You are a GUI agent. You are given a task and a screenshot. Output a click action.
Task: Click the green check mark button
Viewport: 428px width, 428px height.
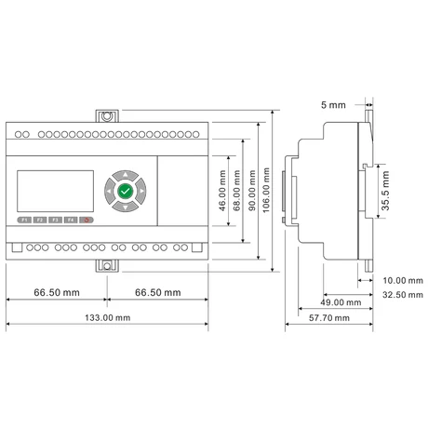click(126, 191)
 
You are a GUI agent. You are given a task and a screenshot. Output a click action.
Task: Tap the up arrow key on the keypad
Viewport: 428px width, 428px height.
click(126, 175)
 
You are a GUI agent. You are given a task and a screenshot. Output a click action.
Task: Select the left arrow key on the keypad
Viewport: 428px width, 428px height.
click(109, 191)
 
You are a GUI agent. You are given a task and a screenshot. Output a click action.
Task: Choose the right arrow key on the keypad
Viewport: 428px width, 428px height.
click(141, 191)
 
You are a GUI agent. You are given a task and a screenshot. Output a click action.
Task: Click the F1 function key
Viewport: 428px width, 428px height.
click(24, 220)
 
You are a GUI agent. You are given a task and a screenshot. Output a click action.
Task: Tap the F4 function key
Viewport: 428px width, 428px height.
click(71, 220)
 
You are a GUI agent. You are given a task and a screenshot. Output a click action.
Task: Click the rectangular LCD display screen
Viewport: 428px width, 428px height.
click(55, 191)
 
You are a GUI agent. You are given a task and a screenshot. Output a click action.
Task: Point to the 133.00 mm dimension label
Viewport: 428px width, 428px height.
click(108, 317)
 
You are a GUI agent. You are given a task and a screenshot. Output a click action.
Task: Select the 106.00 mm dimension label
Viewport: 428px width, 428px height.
click(266, 190)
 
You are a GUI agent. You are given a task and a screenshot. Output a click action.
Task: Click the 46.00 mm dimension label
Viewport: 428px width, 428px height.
click(222, 191)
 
